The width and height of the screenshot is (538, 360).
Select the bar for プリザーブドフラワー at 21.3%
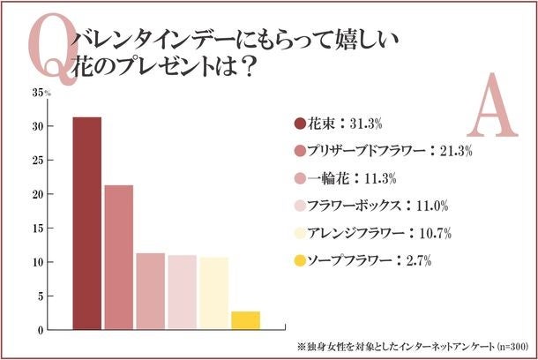(x=119, y=257)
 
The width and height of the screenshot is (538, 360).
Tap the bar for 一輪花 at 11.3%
(x=151, y=291)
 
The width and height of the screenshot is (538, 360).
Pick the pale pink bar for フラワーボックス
(x=183, y=292)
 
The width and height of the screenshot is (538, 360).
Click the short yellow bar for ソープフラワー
(x=246, y=320)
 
